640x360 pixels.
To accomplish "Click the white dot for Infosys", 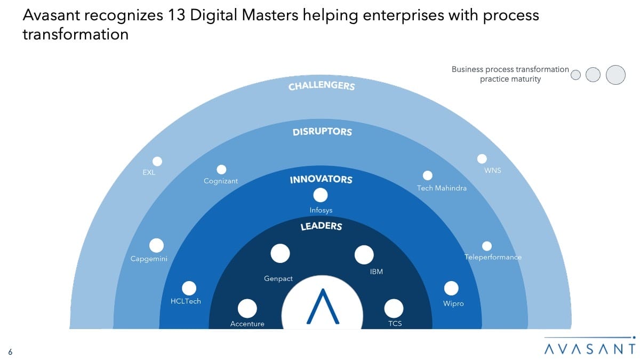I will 321,195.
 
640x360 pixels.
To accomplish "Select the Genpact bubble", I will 280,254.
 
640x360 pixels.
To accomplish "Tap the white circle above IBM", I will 364,255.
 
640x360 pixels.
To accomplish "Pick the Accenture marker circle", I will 247,308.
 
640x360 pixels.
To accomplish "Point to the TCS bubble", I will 394,308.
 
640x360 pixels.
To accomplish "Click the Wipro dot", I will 451,289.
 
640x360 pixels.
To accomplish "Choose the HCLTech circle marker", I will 189,289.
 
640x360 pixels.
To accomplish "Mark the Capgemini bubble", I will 156,245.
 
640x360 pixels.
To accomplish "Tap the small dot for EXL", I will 157,161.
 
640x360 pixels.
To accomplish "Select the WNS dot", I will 482,159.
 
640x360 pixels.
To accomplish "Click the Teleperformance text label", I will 493,257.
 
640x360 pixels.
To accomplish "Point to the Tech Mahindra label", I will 442,188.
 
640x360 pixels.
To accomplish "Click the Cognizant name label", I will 221,181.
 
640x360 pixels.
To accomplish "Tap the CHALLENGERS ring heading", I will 322,85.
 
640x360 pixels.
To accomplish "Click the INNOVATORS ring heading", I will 321,180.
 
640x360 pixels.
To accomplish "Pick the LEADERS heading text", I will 321,226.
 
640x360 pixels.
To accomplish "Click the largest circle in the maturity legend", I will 615,75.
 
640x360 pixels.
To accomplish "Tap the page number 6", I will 10,350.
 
